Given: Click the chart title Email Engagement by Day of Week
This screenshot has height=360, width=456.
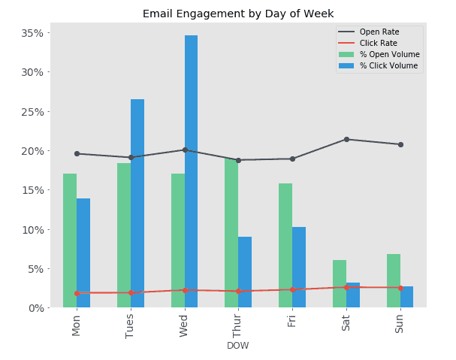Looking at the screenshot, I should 238,14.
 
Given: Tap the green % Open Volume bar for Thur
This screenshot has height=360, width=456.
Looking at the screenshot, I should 231,233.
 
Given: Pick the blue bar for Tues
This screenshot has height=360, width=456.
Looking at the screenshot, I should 137,203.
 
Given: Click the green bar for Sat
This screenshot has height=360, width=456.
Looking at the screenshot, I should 340,283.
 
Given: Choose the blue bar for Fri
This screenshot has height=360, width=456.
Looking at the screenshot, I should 299,267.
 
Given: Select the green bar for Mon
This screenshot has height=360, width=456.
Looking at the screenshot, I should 70,241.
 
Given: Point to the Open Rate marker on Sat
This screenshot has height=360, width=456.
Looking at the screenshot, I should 346,139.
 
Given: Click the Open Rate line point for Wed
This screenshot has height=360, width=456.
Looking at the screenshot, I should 185,150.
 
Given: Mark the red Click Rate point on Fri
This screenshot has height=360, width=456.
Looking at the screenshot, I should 292,289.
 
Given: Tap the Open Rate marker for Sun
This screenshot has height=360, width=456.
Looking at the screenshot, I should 400,144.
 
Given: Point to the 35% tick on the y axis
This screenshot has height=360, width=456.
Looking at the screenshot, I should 34,33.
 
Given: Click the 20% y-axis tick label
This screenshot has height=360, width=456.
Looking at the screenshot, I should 34,151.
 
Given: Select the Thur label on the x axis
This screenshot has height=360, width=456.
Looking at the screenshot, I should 238,325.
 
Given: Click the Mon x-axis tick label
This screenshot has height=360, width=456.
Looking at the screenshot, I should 77,325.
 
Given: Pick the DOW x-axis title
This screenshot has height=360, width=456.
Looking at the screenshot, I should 238,346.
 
